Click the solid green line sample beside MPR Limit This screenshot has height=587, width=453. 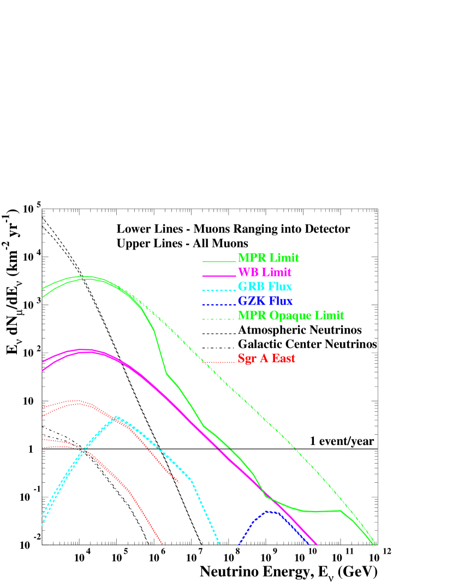[x=219, y=262]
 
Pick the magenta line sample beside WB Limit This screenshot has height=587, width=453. [x=219, y=276]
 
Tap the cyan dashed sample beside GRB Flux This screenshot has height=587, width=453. [x=219, y=290]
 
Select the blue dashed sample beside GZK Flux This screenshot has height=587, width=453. [x=219, y=304]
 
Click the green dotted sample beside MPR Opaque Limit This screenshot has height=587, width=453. [x=219, y=319]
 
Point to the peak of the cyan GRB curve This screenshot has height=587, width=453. [x=116, y=417]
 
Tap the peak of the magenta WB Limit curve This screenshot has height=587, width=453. [x=82, y=349]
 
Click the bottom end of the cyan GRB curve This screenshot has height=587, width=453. [x=219, y=544]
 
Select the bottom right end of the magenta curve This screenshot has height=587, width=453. [x=317, y=544]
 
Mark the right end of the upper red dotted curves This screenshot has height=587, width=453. [x=178, y=482]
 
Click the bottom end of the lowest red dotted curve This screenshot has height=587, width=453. [x=163, y=544]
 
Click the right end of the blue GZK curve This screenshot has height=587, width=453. [x=310, y=544]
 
